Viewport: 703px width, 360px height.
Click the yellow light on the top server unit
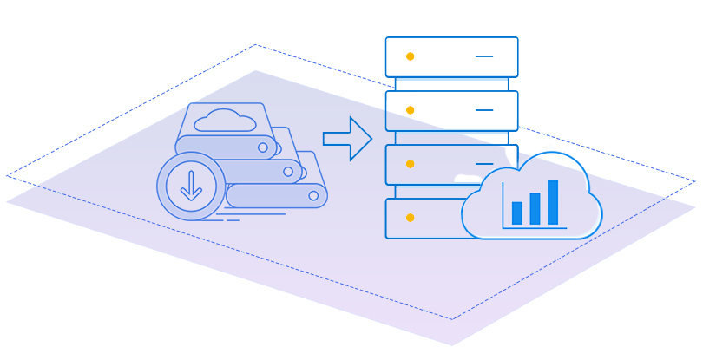coord(410,56)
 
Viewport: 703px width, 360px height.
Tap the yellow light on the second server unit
coord(410,110)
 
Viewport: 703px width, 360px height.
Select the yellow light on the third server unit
coord(410,164)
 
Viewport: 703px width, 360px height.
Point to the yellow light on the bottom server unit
coord(410,217)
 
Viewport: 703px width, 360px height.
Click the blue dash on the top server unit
coord(484,56)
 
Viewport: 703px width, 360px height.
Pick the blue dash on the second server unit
coord(484,110)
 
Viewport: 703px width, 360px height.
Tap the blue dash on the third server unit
coord(484,164)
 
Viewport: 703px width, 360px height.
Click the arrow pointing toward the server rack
coord(347,139)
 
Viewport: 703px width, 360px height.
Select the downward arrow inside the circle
coord(190,186)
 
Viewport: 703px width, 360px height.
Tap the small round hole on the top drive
coord(263,147)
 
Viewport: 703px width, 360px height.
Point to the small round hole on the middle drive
coord(288,172)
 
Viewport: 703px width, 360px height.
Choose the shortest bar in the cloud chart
coord(517,213)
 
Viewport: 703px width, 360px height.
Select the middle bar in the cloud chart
coord(535,208)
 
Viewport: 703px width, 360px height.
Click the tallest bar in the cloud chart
coord(553,202)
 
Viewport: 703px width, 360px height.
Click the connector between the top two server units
coord(451,84)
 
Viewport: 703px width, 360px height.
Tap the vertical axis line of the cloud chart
coord(503,206)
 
